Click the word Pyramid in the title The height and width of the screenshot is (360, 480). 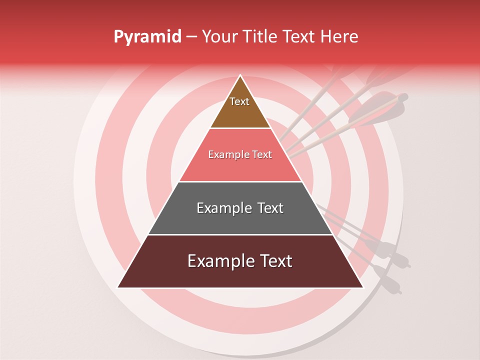click(147, 37)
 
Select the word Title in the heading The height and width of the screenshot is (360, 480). click(261, 37)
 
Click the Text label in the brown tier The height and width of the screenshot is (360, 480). click(239, 101)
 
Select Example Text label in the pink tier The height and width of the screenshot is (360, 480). click(240, 155)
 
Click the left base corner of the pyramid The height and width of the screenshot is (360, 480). click(118, 287)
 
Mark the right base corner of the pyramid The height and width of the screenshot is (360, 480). click(362, 287)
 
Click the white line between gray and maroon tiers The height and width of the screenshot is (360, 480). click(240, 234)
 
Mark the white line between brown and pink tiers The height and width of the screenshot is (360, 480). click(240, 128)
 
